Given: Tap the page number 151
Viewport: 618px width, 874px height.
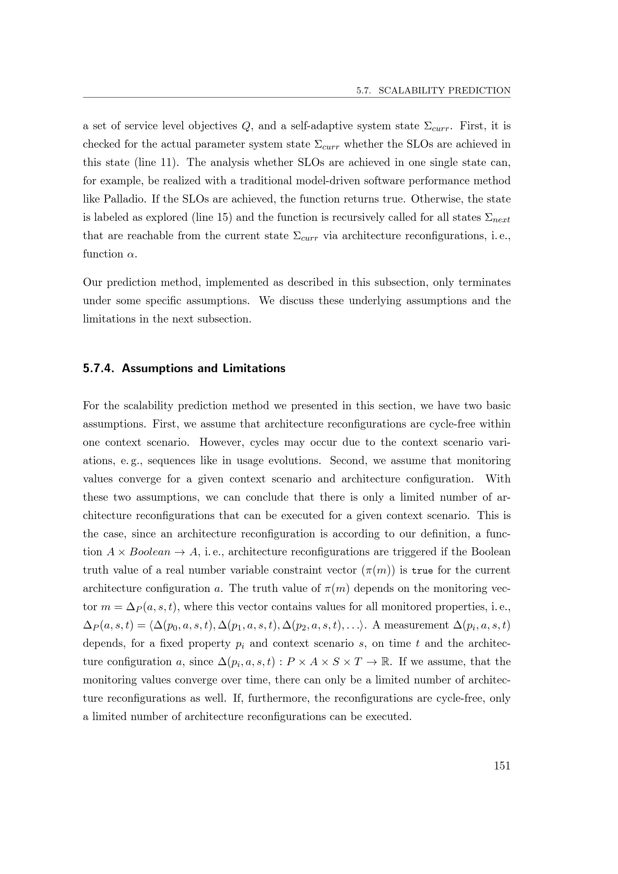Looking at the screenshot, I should coord(502,766).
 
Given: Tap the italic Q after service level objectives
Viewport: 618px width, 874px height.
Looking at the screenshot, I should coord(245,126).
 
